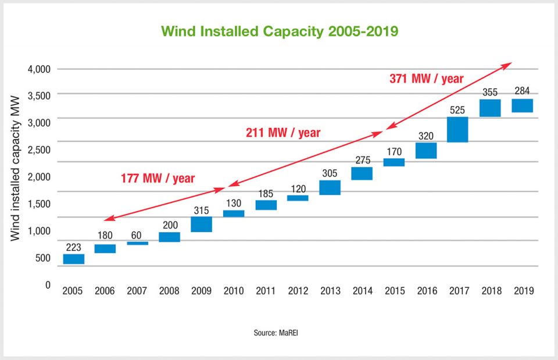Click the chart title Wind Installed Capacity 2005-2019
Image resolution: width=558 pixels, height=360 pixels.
279,31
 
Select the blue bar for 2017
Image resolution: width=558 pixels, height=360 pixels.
457,130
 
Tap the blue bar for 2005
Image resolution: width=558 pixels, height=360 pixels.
74,259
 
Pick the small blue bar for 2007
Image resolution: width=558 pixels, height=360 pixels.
138,243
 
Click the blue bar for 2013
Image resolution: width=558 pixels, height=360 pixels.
330,187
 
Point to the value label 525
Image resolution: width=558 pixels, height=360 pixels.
457,109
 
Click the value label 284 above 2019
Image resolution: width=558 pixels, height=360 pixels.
522,91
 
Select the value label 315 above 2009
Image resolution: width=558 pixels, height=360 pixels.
202,209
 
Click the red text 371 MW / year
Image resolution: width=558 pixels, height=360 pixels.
427,79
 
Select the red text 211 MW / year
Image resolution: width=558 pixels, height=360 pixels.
282,133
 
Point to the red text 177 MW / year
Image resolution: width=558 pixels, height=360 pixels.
158,178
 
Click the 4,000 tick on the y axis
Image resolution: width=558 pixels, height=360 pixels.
39,69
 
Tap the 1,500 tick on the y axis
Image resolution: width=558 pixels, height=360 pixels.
39,204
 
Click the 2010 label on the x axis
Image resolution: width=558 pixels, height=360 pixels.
234,290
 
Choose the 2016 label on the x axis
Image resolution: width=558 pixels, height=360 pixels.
425,290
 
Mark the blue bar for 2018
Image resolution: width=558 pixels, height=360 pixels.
489,108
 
